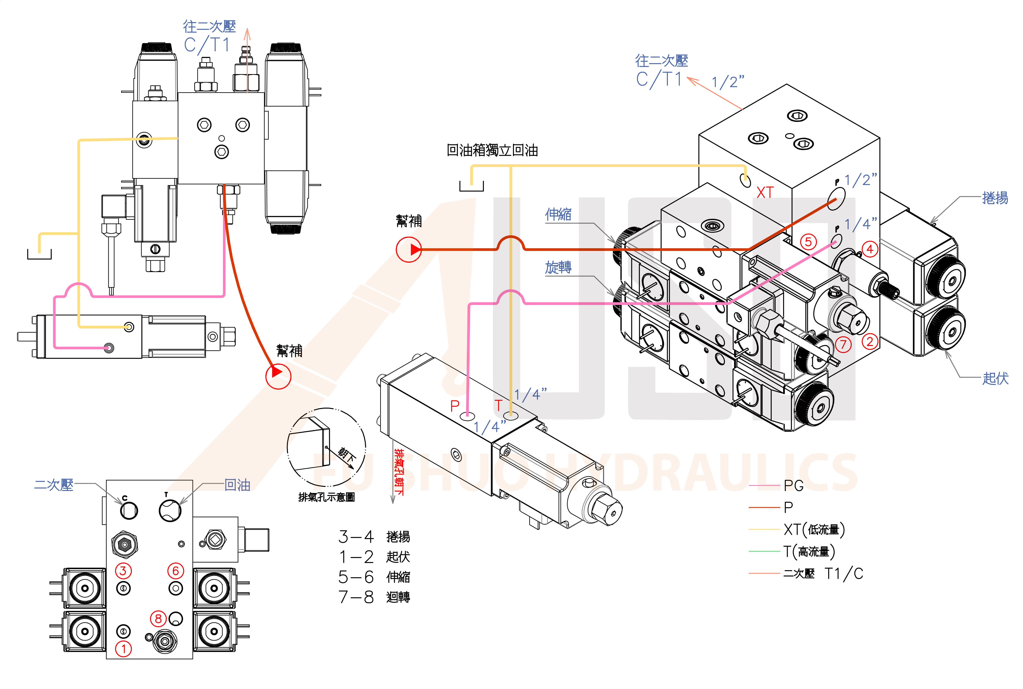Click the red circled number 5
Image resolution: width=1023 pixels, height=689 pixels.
(808, 242)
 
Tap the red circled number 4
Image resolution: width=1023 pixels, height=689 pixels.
(870, 249)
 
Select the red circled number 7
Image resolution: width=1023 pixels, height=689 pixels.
(843, 344)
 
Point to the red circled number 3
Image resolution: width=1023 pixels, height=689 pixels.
(123, 571)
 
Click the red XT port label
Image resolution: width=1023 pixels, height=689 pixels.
(765, 193)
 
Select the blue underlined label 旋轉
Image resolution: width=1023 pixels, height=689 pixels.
(558, 267)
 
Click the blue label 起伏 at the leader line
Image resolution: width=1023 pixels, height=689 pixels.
(995, 378)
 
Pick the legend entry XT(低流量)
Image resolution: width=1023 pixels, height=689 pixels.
(814, 529)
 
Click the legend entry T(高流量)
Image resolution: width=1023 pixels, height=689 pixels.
(809, 551)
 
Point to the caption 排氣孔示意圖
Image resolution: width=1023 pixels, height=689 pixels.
(327, 497)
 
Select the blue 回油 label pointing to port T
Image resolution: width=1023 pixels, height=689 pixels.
(237, 485)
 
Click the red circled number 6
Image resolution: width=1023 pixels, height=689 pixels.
(175, 571)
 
